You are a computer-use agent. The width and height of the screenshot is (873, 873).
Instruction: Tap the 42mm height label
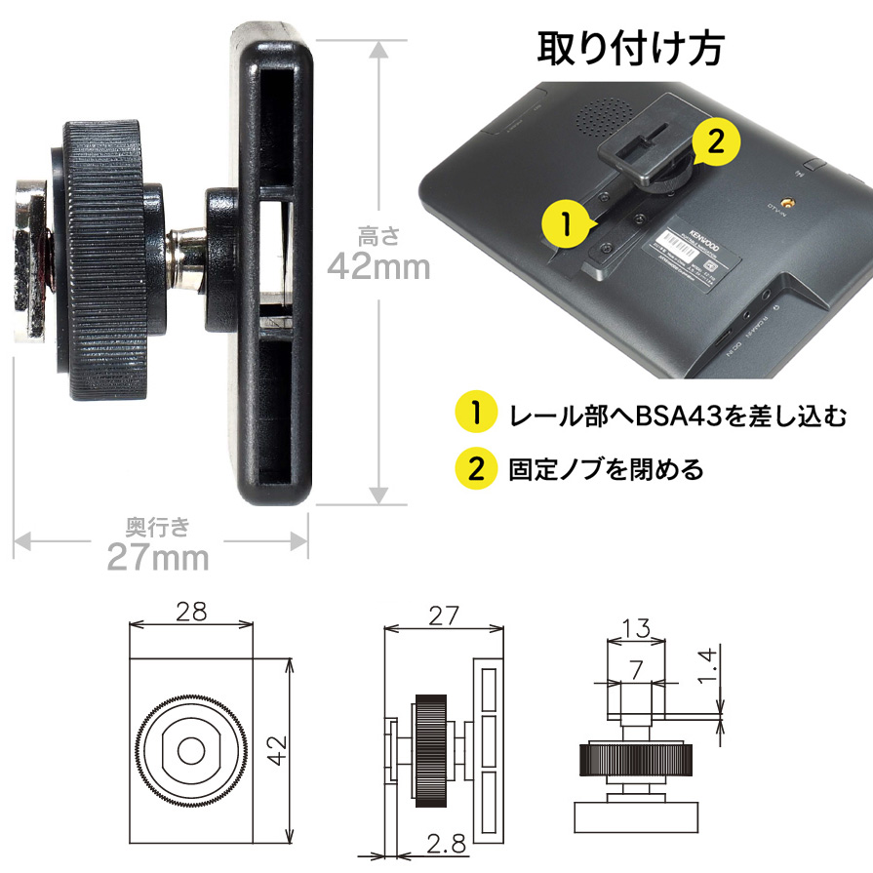(x=378, y=264)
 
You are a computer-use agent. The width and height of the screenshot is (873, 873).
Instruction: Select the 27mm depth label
(x=157, y=559)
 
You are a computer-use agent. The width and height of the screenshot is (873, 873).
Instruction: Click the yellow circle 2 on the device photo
(x=714, y=142)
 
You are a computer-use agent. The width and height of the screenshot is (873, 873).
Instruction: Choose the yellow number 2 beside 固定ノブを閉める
(x=476, y=469)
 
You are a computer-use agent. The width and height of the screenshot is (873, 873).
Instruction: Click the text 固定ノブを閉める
(x=606, y=470)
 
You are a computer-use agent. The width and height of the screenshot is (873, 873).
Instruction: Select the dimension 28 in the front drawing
(x=191, y=612)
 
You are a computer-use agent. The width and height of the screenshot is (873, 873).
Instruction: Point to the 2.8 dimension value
(x=448, y=840)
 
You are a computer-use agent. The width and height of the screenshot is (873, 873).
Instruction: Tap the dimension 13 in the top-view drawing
(x=636, y=628)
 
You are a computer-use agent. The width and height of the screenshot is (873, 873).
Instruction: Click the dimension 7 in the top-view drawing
(x=635, y=668)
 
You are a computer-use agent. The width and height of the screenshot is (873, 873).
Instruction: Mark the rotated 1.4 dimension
(x=711, y=664)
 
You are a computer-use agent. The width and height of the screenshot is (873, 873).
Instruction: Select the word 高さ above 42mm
(x=377, y=234)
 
